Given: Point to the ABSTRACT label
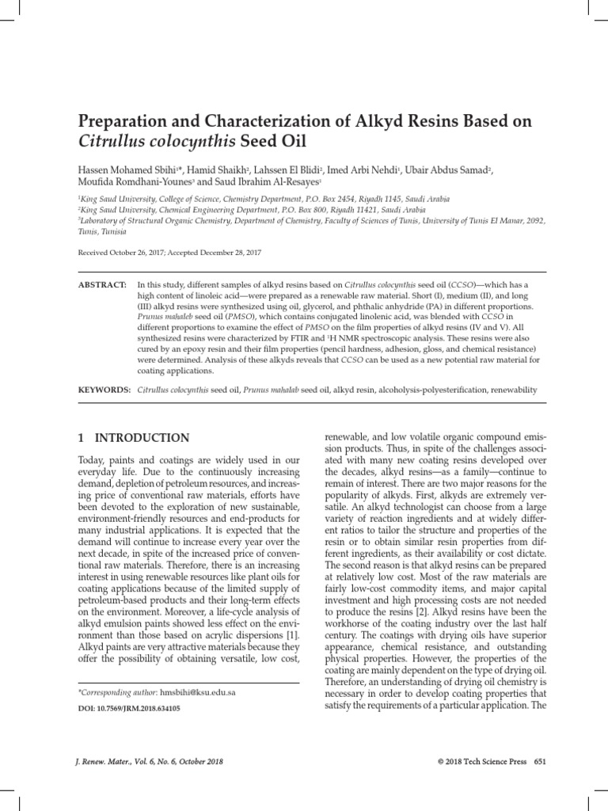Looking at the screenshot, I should tap(101, 284).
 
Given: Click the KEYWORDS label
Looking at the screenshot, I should tap(104, 390).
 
